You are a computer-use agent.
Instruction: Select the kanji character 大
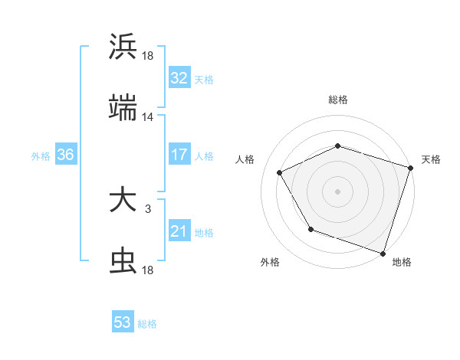pos(123,201)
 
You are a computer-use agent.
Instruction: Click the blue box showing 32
pos(179,78)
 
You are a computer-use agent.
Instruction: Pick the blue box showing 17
pos(179,155)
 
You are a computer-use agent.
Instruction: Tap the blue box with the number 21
pos(179,231)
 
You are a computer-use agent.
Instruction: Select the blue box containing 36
pos(66,155)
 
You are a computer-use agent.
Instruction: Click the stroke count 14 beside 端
pos(148,117)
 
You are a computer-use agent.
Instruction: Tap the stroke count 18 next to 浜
pos(148,56)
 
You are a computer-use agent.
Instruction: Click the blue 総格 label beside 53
pos(147,324)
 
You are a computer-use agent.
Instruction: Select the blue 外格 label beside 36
pos(41,156)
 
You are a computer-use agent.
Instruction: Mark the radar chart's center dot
pos(338,191)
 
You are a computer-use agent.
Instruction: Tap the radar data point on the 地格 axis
pos(383,253)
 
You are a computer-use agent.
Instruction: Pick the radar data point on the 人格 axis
pos(280,172)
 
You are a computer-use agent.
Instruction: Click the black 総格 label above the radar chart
pos(338,100)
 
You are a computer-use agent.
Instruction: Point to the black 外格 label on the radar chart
pos(270,263)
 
